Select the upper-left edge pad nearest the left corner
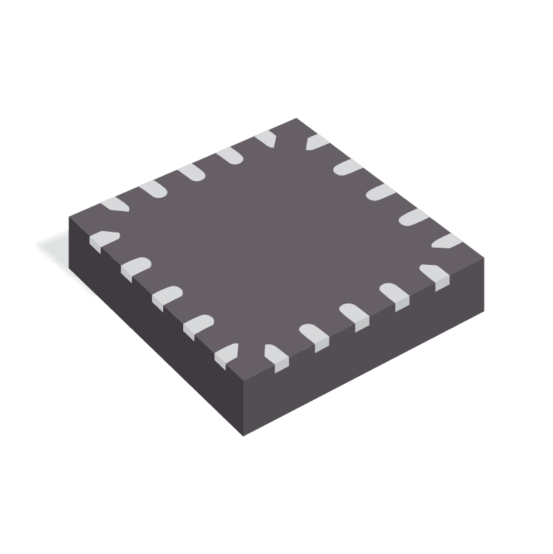[115, 205]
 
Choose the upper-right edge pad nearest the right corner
[447, 241]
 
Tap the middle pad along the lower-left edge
[167, 295]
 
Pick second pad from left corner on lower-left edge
[135, 267]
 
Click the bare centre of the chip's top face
[276, 235]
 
